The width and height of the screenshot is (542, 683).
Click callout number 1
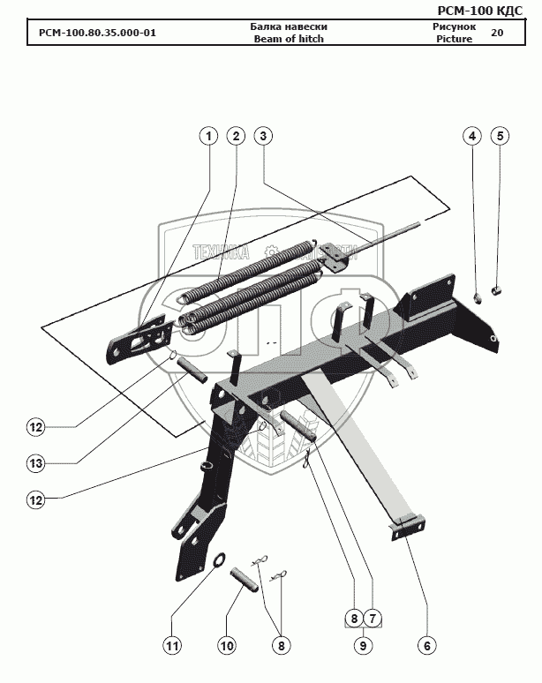coord(208,136)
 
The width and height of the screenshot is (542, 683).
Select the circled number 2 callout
coord(235,136)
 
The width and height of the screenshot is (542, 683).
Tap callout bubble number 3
coord(262,136)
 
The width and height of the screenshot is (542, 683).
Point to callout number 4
coord(472,136)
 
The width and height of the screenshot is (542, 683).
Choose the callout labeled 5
coord(500,136)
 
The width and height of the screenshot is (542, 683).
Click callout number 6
coord(426,646)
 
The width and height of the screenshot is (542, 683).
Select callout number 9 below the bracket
coord(361,646)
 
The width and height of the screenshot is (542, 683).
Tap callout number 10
coord(227,646)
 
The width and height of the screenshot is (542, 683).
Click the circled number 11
coord(173,646)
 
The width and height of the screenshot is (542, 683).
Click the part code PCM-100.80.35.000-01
coord(97,34)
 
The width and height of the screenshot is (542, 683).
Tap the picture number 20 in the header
coord(497,34)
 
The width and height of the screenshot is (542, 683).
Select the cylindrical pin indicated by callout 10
coord(244,580)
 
